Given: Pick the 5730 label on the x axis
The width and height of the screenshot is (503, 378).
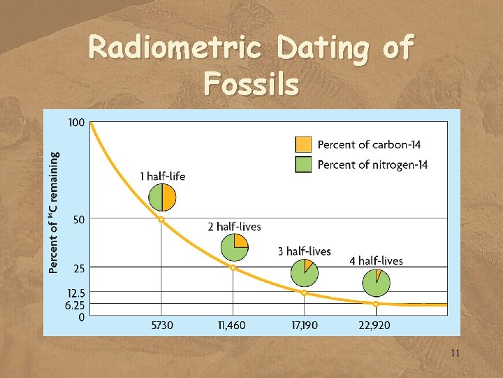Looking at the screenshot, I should pyautogui.click(x=161, y=326).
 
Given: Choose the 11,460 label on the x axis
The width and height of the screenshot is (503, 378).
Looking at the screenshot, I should pyautogui.click(x=233, y=326).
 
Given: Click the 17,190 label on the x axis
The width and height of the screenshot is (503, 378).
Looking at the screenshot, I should pyautogui.click(x=304, y=326).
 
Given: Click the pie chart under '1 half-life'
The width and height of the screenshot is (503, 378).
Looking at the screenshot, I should pyautogui.click(x=162, y=197).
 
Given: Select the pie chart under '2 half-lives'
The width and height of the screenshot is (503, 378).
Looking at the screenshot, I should pyautogui.click(x=234, y=247).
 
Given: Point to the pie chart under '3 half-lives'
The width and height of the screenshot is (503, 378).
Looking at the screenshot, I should pyautogui.click(x=305, y=272).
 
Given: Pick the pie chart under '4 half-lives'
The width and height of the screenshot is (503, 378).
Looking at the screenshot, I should pyautogui.click(x=376, y=283).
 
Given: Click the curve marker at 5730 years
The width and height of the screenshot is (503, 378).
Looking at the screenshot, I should pyautogui.click(x=161, y=219).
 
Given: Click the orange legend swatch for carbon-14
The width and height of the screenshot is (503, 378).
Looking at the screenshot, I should pyautogui.click(x=303, y=144).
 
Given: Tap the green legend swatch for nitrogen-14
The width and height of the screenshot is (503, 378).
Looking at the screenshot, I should pyautogui.click(x=303, y=164).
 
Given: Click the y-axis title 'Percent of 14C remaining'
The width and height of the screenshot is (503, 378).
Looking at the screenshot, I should pyautogui.click(x=54, y=212).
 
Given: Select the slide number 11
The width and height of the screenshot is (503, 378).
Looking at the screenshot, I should pyautogui.click(x=455, y=353).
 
